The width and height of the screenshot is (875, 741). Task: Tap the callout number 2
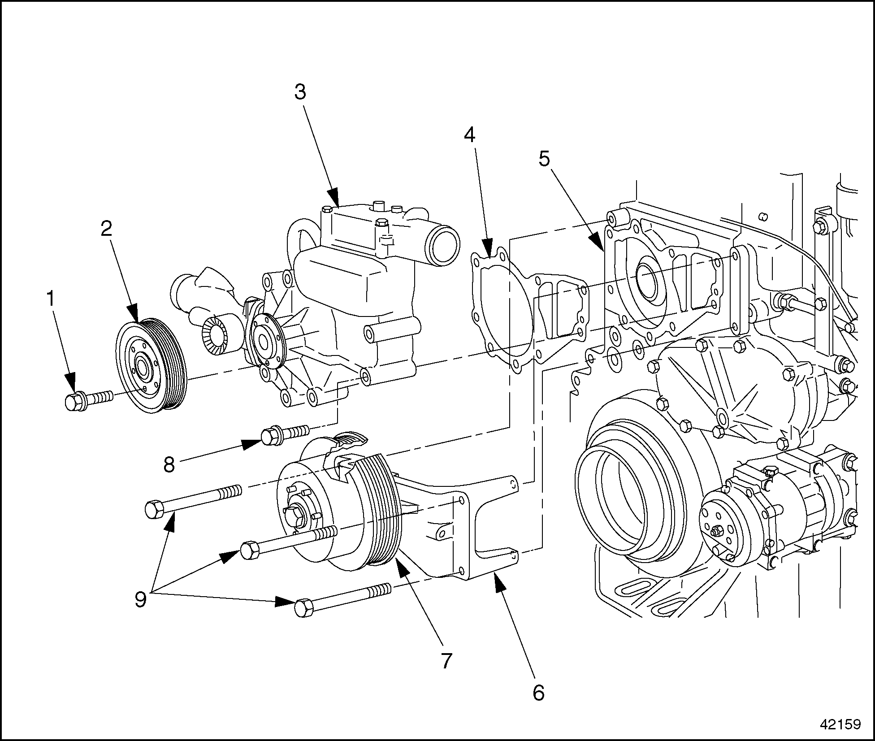tap(106, 229)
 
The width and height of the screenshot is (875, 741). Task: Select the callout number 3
tap(300, 92)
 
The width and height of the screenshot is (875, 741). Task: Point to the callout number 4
tap(469, 134)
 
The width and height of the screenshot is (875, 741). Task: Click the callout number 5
tap(544, 158)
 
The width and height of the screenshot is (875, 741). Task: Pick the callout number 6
tap(538, 693)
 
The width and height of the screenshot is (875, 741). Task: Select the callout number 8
tap(169, 465)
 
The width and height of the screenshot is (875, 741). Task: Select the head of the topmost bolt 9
tap(154, 510)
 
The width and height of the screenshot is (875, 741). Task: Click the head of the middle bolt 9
tap(250, 550)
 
